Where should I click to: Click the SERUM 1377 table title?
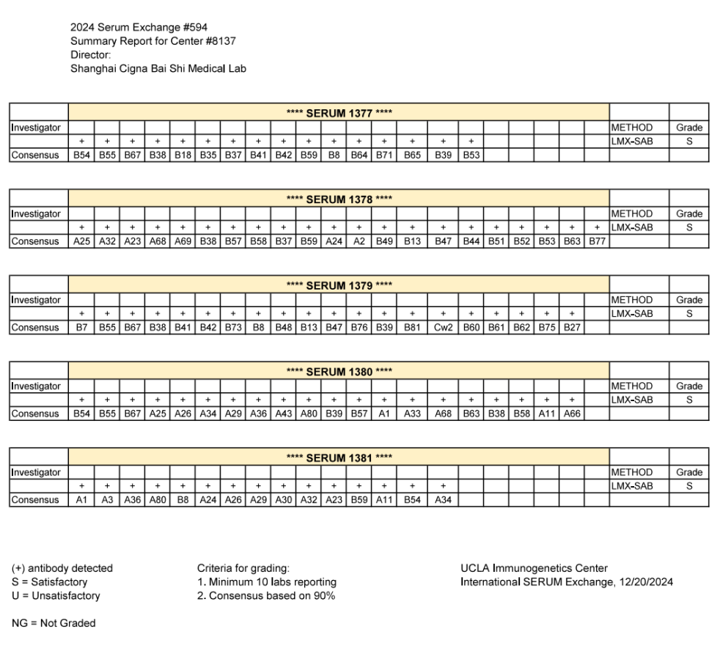(x=339, y=114)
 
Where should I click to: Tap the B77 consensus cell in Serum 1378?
(x=597, y=241)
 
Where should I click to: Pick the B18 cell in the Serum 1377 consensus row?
(x=182, y=155)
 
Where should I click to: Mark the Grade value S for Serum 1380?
(x=688, y=399)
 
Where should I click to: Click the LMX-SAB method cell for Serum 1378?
(x=631, y=227)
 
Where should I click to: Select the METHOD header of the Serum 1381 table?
(x=631, y=472)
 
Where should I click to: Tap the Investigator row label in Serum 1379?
(x=37, y=300)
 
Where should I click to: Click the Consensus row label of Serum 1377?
(x=37, y=155)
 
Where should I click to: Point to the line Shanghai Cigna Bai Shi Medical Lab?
(x=158, y=69)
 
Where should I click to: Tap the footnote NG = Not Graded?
(x=54, y=623)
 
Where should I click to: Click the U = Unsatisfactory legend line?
(x=56, y=595)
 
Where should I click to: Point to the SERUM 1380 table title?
(x=339, y=372)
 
